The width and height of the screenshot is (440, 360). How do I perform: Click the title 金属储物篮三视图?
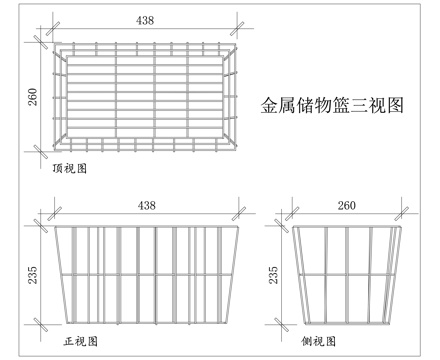click(332, 105)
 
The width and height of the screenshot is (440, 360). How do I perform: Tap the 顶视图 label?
click(70, 169)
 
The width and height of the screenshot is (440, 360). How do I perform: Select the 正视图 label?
click(81, 341)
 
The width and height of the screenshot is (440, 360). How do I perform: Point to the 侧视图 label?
click(319, 341)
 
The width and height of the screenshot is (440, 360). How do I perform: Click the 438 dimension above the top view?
click(145, 21)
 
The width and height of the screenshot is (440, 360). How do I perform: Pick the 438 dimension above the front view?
click(147, 205)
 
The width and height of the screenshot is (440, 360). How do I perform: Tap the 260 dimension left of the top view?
click(33, 97)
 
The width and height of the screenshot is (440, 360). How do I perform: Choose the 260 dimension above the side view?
click(347, 205)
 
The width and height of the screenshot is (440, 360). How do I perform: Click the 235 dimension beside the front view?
click(33, 275)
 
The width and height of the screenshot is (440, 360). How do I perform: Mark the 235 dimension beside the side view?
click(273, 275)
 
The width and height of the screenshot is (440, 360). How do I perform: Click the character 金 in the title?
click(269, 105)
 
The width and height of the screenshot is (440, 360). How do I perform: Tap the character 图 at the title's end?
click(395, 105)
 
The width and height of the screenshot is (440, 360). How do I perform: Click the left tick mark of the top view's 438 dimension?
click(53, 28)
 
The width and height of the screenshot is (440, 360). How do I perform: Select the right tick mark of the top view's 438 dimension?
click(237, 28)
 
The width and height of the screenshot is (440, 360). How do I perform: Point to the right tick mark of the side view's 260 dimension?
click(401, 213)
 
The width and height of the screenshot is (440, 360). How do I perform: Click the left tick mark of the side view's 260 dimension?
click(292, 213)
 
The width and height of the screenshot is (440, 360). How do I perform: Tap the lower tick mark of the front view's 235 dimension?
click(41, 324)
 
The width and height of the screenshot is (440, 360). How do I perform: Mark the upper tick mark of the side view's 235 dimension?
click(281, 226)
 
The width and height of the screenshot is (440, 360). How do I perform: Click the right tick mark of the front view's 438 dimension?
click(239, 213)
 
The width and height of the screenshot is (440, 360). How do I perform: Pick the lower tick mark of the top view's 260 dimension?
click(41, 152)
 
